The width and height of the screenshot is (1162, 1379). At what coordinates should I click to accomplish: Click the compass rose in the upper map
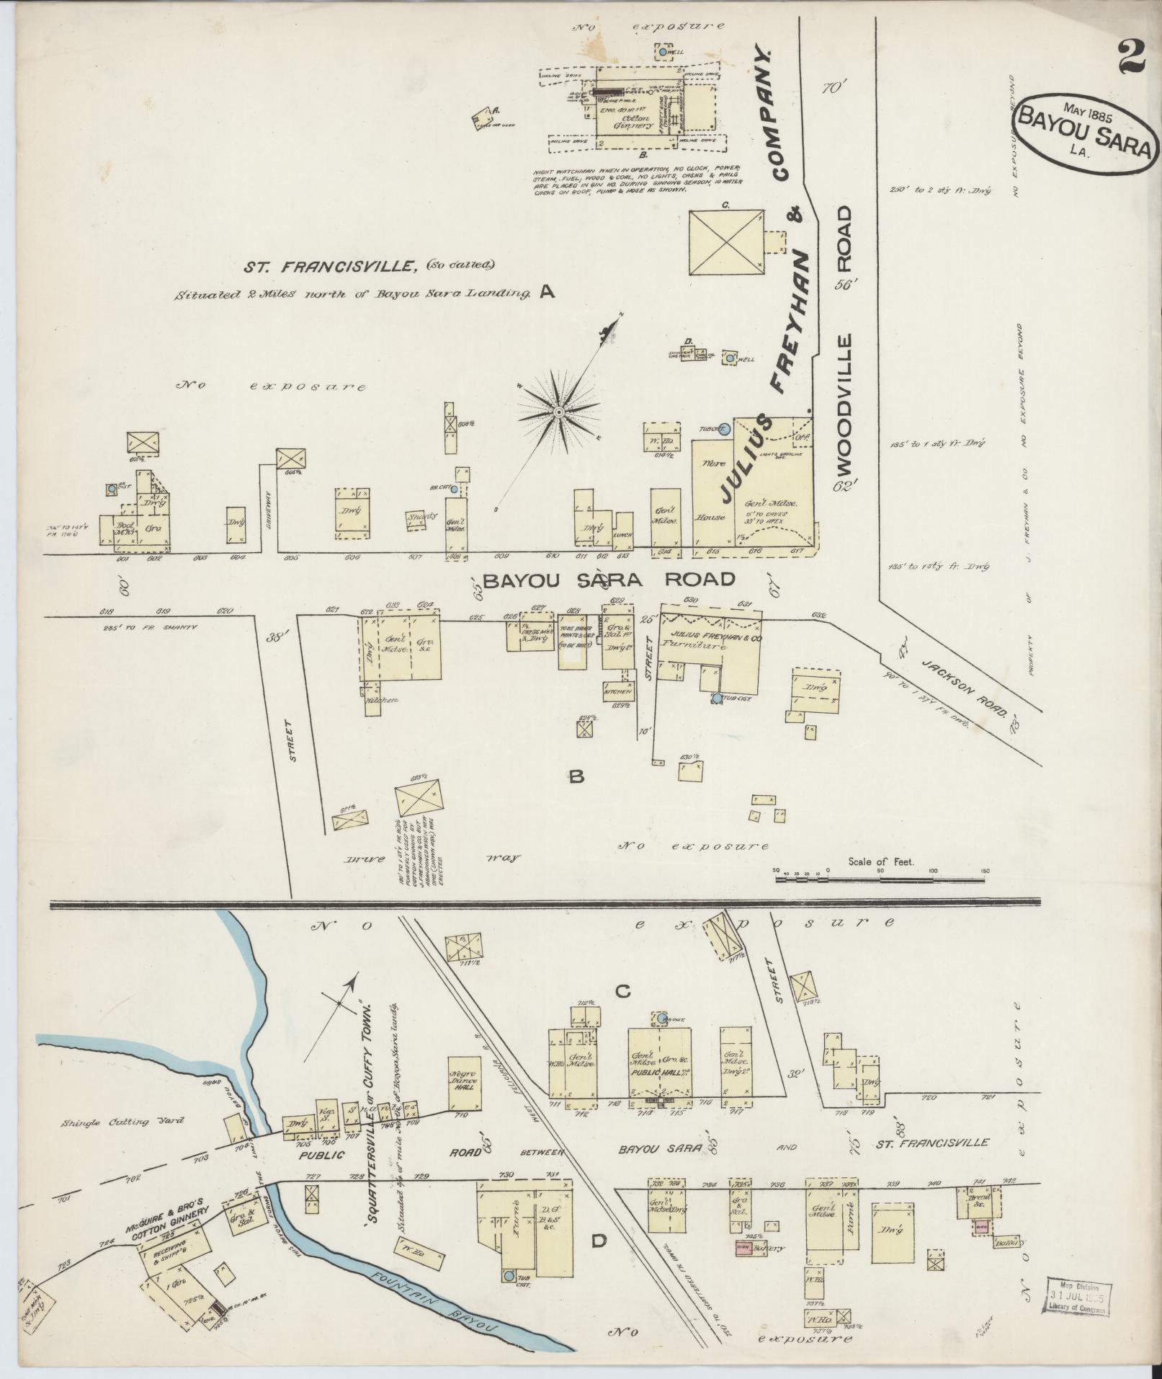558,412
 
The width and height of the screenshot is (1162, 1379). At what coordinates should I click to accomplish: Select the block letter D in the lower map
598,1241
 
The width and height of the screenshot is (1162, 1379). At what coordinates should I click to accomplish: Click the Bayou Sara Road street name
609,579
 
